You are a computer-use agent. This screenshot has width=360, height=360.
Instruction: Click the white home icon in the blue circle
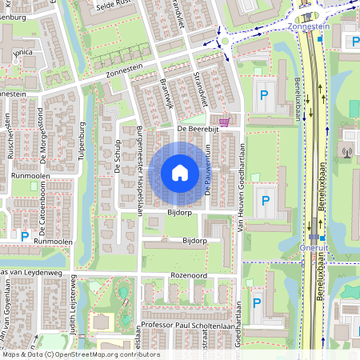180,172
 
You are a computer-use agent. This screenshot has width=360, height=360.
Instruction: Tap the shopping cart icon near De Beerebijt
225,122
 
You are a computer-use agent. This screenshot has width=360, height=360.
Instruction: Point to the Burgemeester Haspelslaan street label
139,170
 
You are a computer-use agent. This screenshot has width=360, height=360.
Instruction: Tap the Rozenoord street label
189,275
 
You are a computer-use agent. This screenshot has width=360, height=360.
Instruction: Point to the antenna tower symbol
347,151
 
